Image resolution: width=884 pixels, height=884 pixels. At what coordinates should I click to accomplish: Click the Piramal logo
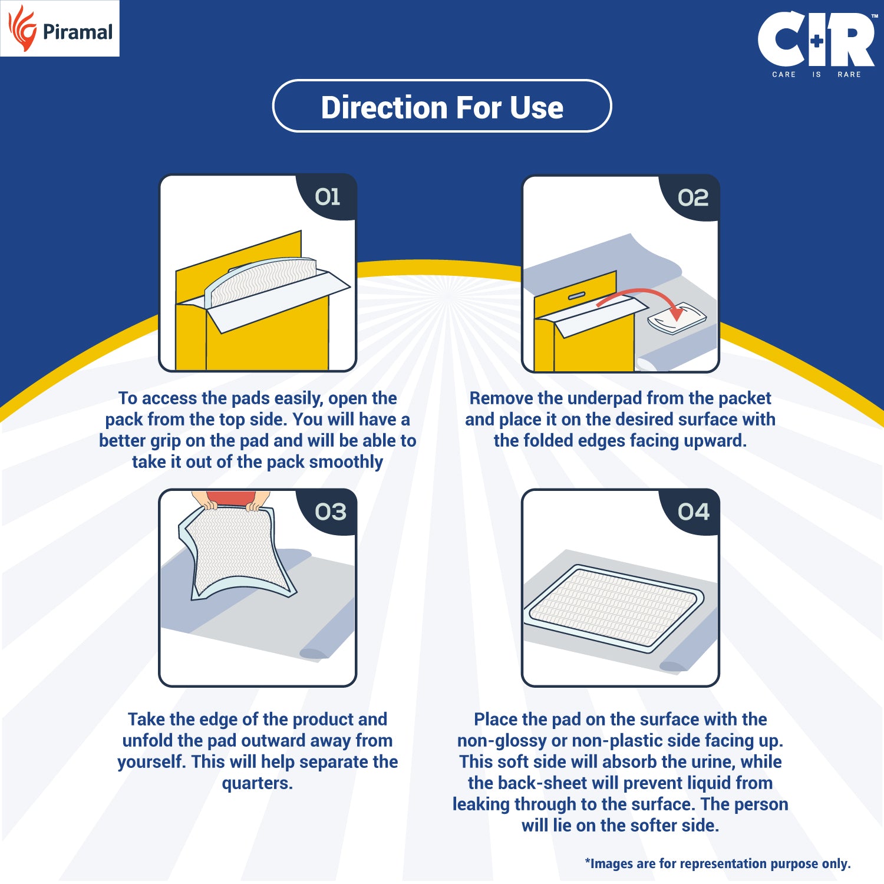tap(60, 29)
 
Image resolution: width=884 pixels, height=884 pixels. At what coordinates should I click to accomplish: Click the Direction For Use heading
tap(442, 107)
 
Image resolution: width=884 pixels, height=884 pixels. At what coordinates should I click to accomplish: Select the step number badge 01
tap(328, 197)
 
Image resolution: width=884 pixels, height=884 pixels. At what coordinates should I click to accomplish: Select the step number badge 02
tap(692, 198)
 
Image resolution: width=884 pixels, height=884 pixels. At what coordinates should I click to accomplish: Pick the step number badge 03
tap(331, 512)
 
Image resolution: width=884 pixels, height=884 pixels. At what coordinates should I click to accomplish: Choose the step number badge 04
tap(693, 512)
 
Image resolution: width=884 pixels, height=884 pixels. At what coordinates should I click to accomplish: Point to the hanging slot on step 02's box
tap(576, 296)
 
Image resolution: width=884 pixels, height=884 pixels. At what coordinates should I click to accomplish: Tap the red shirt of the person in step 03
tap(231, 498)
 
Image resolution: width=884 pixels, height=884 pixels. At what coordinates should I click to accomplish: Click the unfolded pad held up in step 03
tap(236, 551)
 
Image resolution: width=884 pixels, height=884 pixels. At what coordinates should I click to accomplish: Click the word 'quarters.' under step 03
tap(258, 783)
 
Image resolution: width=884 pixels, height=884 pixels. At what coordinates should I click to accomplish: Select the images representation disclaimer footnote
tap(717, 863)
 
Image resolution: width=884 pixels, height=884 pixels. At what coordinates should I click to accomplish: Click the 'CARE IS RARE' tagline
tap(816, 74)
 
